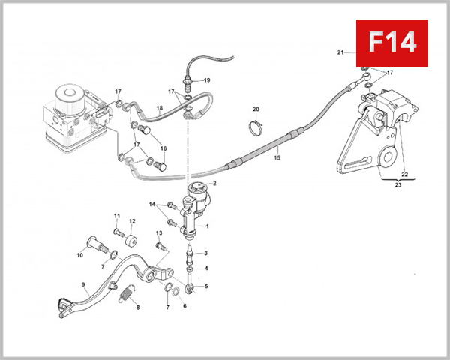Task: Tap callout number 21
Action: [340, 52]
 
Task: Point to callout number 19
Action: [207, 79]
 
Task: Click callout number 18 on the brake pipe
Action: [159, 109]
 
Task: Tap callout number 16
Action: [163, 148]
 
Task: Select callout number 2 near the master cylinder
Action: [214, 184]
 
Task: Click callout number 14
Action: [151, 204]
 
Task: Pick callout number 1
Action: [208, 226]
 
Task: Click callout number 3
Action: [207, 253]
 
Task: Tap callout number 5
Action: [207, 286]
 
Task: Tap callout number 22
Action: [403, 175]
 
